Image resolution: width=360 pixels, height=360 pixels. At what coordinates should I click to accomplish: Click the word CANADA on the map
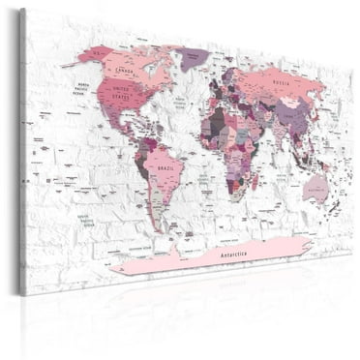point(124,71)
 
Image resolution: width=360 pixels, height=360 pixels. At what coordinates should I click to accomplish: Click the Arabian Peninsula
point(254,130)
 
